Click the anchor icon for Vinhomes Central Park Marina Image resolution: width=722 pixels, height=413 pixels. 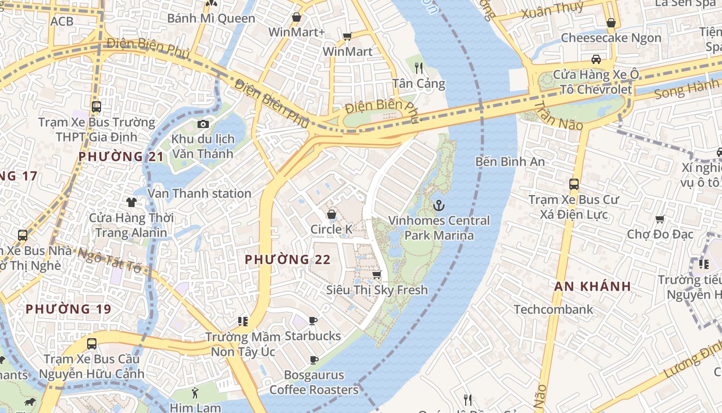click(438, 205)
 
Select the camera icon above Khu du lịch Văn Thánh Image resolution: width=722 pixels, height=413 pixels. click(203, 124)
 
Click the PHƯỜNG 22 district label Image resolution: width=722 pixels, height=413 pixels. click(287, 260)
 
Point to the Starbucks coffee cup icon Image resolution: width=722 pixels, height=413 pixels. click(313, 321)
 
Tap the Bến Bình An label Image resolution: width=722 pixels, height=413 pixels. click(510, 162)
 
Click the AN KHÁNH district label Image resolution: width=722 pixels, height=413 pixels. click(593, 287)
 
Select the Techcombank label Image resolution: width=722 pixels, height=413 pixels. click(553, 310)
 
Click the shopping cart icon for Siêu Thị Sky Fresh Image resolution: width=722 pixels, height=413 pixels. click(377, 275)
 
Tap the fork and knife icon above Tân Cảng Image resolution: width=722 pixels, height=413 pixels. click(419, 68)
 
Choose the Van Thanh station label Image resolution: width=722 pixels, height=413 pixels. click(200, 194)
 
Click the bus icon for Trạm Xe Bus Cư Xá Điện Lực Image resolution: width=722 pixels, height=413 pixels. click(573, 184)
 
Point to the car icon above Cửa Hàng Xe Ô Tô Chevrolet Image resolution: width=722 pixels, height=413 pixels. click(596, 59)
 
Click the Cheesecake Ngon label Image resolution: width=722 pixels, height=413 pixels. click(611, 38)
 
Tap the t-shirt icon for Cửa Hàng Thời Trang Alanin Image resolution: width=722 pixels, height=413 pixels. click(132, 202)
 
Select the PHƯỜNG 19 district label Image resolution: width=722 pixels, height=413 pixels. click(68, 309)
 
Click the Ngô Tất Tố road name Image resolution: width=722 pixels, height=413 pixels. click(109, 260)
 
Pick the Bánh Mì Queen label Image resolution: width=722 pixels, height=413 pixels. click(211, 19)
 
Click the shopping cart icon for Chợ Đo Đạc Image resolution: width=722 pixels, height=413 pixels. click(660, 219)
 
